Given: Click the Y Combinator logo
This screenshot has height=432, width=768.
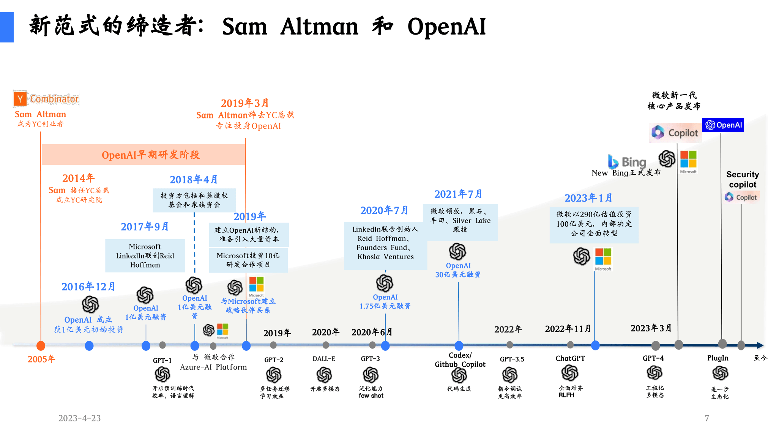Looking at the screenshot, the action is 46,99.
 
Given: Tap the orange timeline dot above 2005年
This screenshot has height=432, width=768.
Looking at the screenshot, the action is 41,346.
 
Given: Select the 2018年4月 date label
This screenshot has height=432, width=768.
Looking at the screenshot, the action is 194,180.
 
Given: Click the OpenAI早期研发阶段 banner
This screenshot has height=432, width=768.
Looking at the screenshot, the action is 144,155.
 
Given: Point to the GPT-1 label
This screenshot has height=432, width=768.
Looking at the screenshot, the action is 162,360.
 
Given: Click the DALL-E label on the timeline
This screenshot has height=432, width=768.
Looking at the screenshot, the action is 324,359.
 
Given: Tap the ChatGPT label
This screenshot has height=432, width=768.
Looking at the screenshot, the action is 570,358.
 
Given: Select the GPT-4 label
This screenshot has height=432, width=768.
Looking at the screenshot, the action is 653,358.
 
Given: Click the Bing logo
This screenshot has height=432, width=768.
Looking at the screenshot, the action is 627,162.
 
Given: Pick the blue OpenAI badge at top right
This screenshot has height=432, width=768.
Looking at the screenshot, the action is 723,125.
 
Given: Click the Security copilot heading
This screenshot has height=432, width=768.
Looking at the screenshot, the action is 743,180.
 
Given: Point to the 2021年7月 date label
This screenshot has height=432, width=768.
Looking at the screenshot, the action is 458,194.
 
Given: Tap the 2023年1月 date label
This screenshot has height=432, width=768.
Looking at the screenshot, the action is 588,198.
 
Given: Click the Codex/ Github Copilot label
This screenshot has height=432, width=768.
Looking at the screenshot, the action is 460,360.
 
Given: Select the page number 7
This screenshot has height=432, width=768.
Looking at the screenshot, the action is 707,418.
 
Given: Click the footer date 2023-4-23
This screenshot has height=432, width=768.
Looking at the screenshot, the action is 79,418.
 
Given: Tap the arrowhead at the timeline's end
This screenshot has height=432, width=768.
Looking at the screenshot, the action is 760,345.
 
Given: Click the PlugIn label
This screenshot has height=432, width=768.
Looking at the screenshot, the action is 718,358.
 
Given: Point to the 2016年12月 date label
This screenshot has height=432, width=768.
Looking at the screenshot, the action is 88,287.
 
